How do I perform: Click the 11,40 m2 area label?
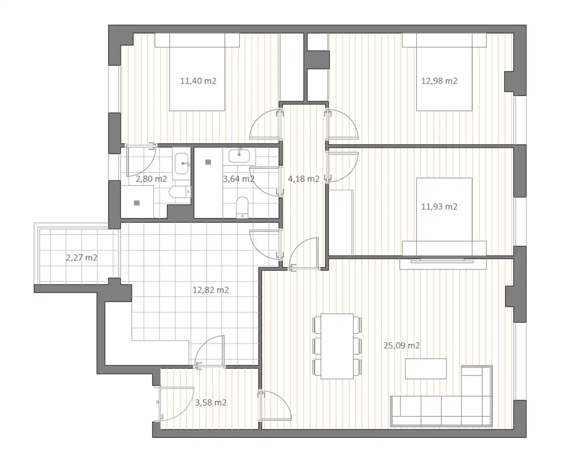(198, 81)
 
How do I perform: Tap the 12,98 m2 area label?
(439, 81)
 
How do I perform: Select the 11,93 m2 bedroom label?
(439, 207)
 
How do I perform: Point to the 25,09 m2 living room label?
(401, 346)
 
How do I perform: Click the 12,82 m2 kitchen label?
(211, 290)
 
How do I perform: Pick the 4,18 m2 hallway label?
(303, 178)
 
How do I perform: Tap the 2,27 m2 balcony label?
(81, 258)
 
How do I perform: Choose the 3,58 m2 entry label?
(211, 402)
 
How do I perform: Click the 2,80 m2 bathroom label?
(151, 178)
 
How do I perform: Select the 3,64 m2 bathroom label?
(238, 178)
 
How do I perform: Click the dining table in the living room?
(337, 346)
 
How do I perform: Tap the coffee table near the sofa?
(426, 368)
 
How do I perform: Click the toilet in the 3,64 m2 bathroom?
(242, 207)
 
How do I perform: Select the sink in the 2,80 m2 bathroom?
(182, 163)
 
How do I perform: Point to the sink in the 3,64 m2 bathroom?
(239, 156)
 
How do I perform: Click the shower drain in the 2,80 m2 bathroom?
(137, 203)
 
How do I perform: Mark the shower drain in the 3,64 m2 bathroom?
(208, 162)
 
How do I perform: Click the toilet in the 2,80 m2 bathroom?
(180, 192)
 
